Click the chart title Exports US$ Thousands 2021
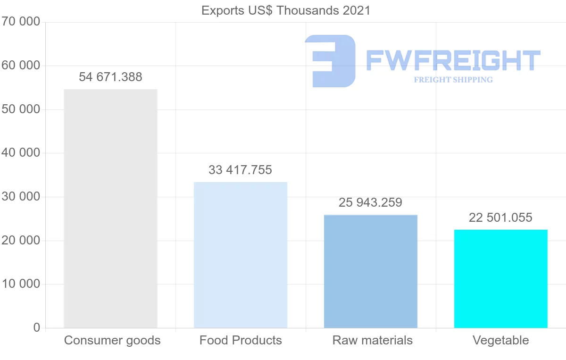click(x=286, y=10)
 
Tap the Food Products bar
click(x=241, y=255)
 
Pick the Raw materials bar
click(x=371, y=271)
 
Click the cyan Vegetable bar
click(x=501, y=279)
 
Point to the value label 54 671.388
click(x=110, y=77)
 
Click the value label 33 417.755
click(x=241, y=170)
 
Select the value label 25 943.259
click(x=371, y=203)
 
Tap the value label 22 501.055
click(x=500, y=218)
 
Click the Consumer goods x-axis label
click(x=112, y=340)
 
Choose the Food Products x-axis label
click(x=241, y=340)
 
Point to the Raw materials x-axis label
click(x=373, y=340)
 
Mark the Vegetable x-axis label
click(x=501, y=340)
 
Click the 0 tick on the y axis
click(x=37, y=328)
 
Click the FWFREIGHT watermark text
click(x=453, y=60)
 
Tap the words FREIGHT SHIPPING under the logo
click(x=453, y=80)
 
